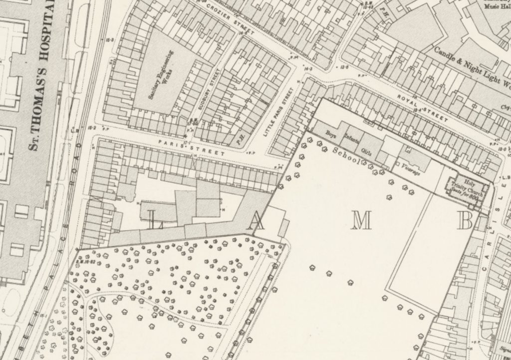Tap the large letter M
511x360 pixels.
click(x=362, y=220)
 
